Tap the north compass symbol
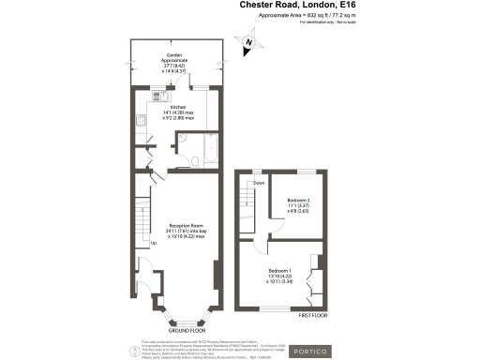247,41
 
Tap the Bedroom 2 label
298,207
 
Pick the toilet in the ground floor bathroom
192,161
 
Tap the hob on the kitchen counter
140,120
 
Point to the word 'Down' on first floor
258,184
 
